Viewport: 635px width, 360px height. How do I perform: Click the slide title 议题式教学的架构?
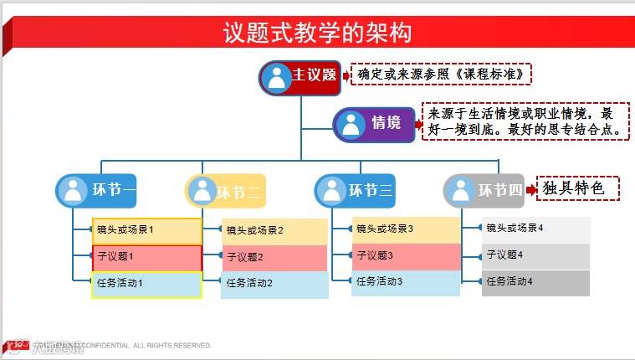pyautogui.click(x=317, y=33)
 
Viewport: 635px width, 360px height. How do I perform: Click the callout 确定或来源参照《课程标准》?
pyautogui.click(x=441, y=75)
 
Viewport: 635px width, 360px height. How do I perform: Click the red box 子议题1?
pyautogui.click(x=147, y=257)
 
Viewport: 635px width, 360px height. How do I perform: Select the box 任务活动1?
pyautogui.click(x=147, y=284)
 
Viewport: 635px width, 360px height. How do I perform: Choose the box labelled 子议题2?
pyautogui.click(x=274, y=257)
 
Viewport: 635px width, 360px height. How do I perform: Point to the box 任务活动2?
pyautogui.click(x=274, y=284)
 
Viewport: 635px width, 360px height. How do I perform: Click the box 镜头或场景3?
pyautogui.click(x=406, y=229)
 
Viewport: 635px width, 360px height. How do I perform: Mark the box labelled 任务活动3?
pyautogui.click(x=406, y=282)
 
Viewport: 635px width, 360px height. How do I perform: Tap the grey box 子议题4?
pyautogui.click(x=535, y=255)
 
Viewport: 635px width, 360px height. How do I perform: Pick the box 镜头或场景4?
pyautogui.click(x=535, y=229)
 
